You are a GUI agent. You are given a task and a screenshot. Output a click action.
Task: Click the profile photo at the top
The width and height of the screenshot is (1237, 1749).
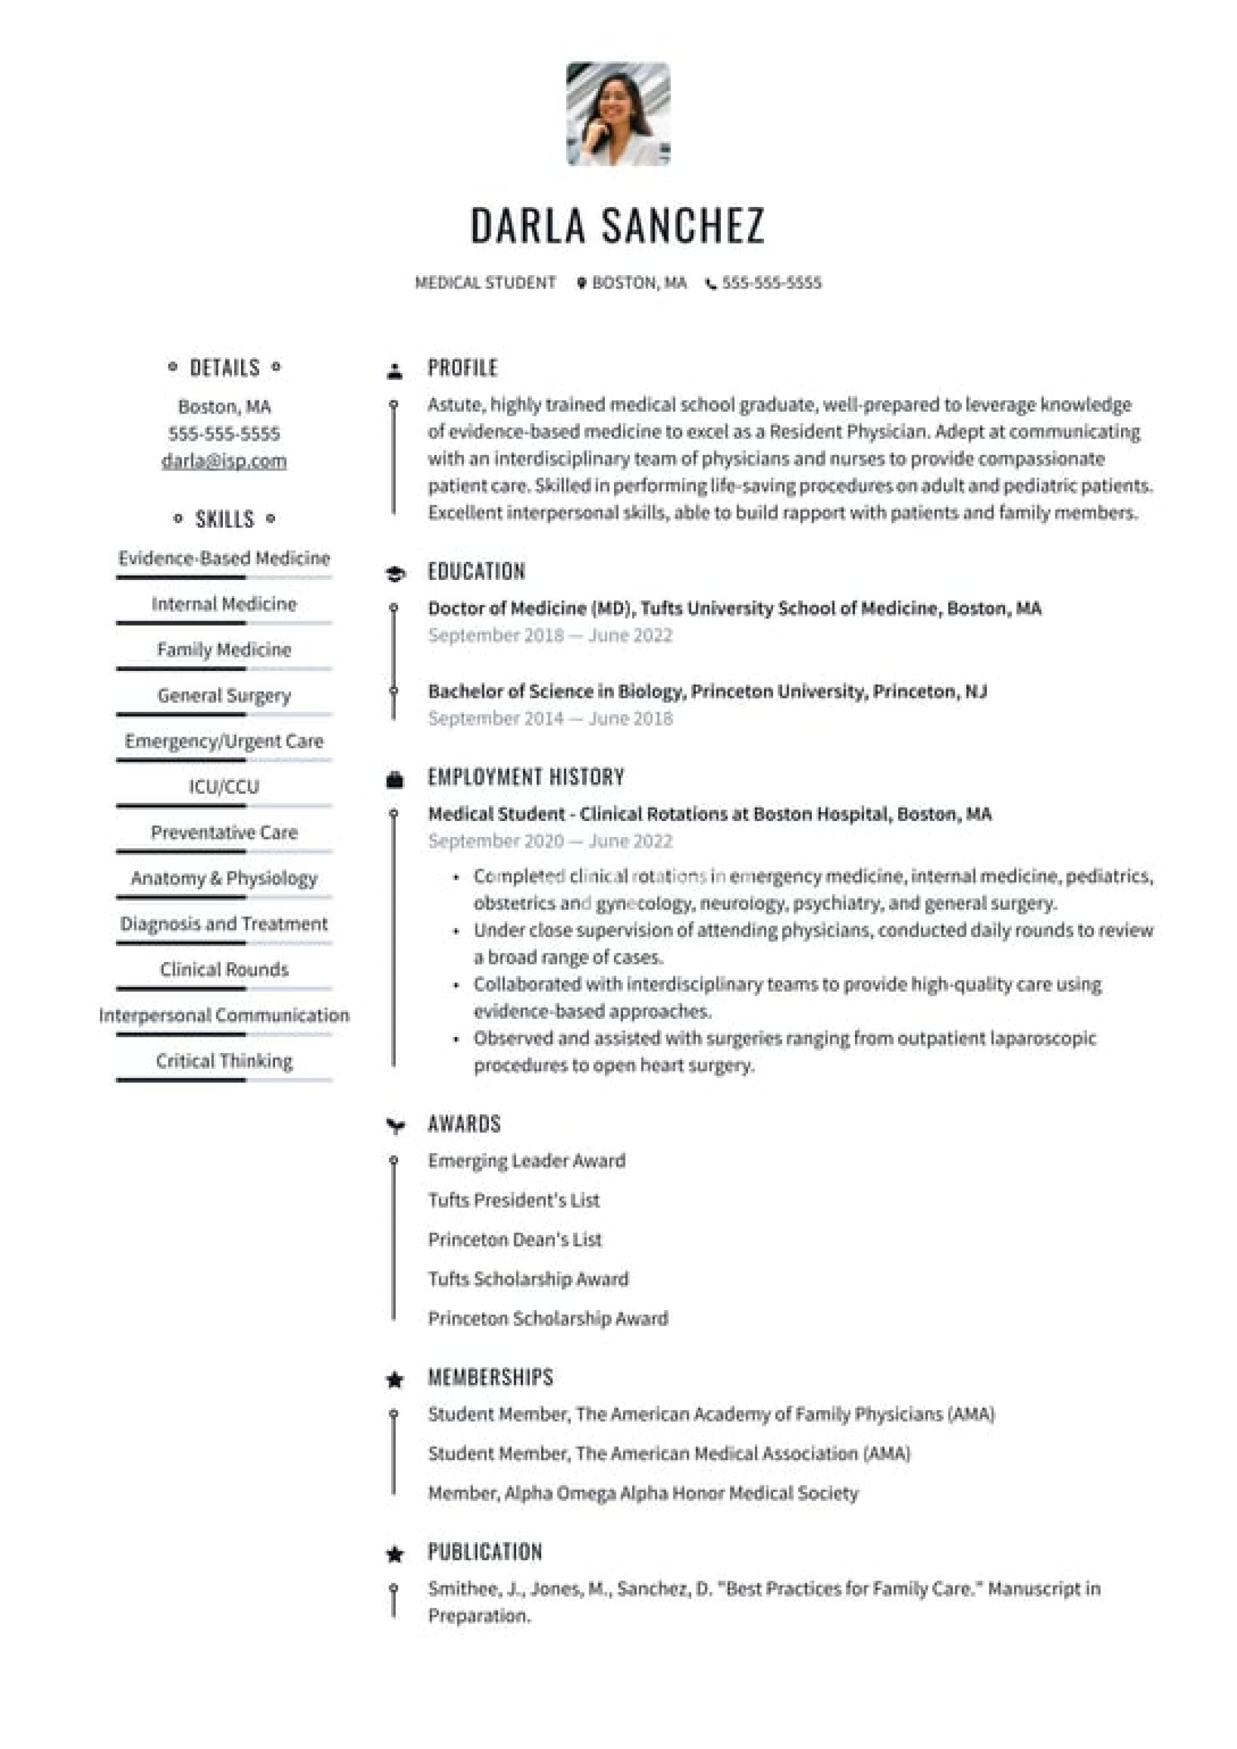pyautogui.click(x=618, y=114)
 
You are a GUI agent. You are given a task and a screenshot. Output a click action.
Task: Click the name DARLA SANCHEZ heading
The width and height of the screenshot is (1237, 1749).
pyautogui.click(x=617, y=226)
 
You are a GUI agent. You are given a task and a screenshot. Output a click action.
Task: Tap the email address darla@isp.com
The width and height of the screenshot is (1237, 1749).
pyautogui.click(x=224, y=461)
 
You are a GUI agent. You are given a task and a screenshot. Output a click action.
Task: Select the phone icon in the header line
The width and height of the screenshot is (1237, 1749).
pyautogui.click(x=711, y=284)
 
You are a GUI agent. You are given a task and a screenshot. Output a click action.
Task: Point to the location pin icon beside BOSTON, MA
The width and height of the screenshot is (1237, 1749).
pyautogui.click(x=581, y=284)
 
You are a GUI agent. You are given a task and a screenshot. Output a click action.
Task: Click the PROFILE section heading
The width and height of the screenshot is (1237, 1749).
pyautogui.click(x=463, y=368)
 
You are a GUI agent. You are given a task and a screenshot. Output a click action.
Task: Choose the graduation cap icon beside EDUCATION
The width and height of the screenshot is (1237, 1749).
pyautogui.click(x=394, y=574)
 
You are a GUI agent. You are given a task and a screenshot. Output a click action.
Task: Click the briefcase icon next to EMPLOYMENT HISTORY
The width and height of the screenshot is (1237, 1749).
pyautogui.click(x=394, y=779)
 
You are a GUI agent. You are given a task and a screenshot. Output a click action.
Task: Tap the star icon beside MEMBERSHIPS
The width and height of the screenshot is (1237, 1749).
pyautogui.click(x=394, y=1380)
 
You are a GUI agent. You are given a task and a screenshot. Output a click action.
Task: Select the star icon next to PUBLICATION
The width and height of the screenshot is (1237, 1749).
pyautogui.click(x=394, y=1554)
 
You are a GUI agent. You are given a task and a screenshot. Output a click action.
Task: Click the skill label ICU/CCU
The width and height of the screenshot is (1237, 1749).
pyautogui.click(x=224, y=787)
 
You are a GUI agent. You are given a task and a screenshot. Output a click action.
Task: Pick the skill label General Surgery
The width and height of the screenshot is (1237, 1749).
pyautogui.click(x=224, y=695)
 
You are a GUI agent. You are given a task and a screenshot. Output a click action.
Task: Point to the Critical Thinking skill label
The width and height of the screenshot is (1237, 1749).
pyautogui.click(x=224, y=1061)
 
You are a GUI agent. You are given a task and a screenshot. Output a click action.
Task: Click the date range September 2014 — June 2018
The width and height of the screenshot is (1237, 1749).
pyautogui.click(x=550, y=719)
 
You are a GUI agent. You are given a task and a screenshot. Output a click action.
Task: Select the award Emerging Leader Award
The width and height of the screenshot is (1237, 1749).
pyautogui.click(x=526, y=1161)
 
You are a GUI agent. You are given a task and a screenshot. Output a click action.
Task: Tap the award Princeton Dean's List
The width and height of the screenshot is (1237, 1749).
pyautogui.click(x=515, y=1240)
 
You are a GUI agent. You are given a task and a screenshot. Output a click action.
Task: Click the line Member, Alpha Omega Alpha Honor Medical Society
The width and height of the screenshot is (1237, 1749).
pyautogui.click(x=643, y=1493)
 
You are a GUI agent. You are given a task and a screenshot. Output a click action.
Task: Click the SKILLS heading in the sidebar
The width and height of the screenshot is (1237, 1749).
pyautogui.click(x=224, y=519)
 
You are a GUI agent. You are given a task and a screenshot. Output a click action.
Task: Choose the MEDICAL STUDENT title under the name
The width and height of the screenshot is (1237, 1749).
pyautogui.click(x=485, y=284)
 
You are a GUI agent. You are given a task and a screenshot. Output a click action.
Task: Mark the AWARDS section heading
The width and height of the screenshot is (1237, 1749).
pyautogui.click(x=464, y=1125)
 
